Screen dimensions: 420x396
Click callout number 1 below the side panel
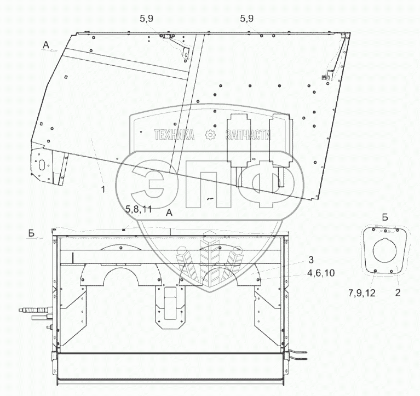103,190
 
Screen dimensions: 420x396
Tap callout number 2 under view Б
398,292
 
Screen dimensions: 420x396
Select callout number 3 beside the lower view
310,260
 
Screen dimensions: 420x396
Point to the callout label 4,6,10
321,273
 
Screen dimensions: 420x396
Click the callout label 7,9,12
362,293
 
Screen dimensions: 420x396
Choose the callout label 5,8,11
139,209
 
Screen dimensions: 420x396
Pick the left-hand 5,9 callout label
146,19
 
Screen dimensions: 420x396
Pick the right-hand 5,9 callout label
247,19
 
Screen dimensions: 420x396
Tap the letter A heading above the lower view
169,213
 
